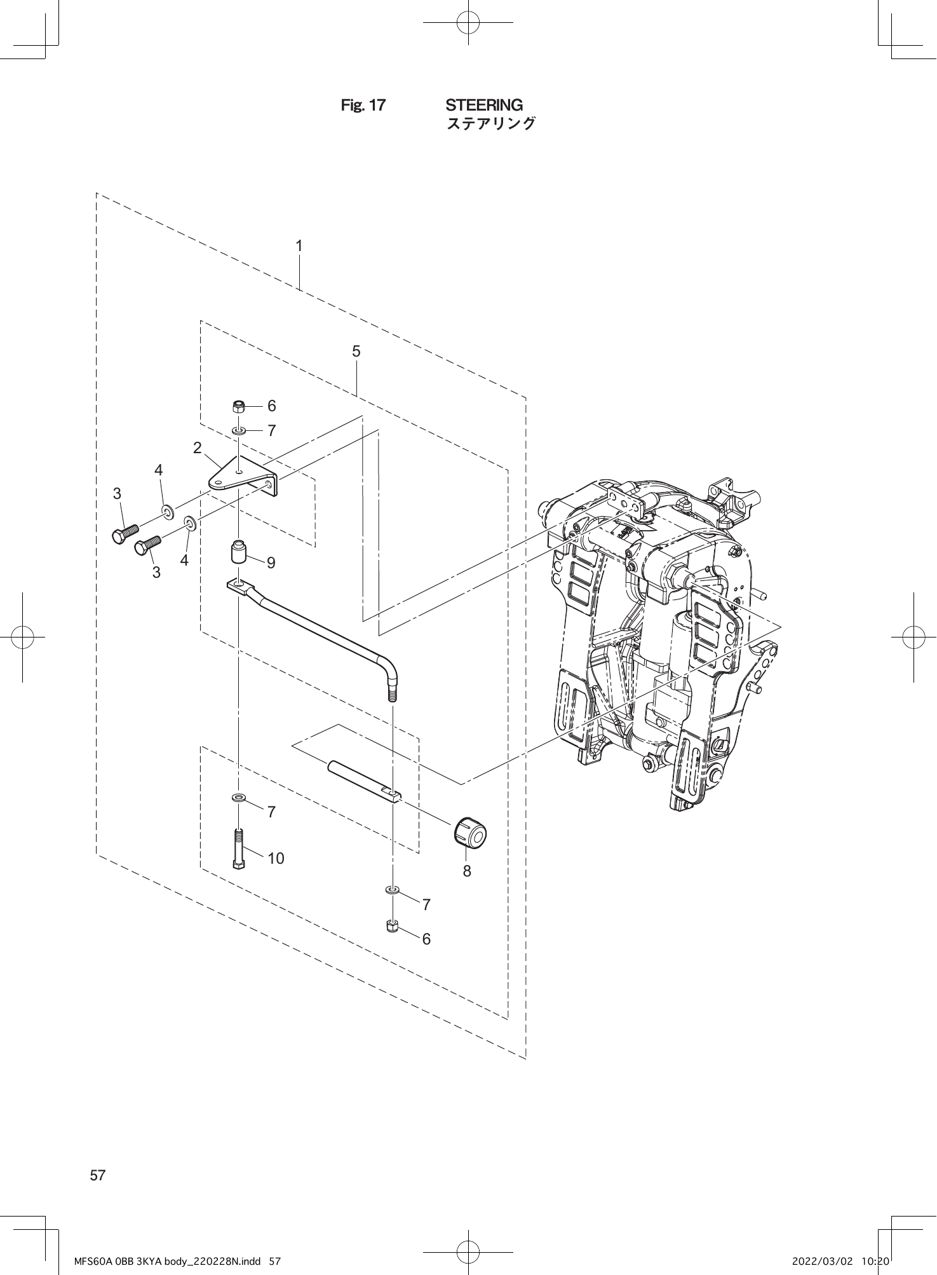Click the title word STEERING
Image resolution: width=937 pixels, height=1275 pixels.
click(x=484, y=105)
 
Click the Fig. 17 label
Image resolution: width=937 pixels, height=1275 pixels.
click(x=363, y=106)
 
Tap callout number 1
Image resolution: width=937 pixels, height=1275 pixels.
click(x=299, y=245)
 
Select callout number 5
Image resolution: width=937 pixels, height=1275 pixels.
click(x=356, y=351)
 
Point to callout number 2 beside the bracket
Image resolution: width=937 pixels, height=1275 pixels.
click(x=198, y=448)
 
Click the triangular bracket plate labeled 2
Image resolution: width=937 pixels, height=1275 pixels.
click(x=241, y=475)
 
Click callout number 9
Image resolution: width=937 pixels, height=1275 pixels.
click(x=271, y=562)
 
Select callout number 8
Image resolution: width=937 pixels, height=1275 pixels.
click(x=467, y=871)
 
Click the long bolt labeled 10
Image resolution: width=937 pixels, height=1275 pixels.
click(x=239, y=848)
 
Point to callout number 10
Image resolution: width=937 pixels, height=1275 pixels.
click(x=276, y=859)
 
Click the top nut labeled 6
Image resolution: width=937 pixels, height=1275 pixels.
click(x=239, y=406)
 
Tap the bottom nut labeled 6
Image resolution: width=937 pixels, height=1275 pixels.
click(x=392, y=927)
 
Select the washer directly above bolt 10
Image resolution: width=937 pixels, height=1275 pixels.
click(x=239, y=797)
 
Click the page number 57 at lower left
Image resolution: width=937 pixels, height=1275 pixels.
click(x=98, y=1175)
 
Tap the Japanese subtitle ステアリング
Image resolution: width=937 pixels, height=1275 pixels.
click(x=491, y=123)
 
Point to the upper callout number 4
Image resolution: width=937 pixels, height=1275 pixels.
click(x=159, y=470)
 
